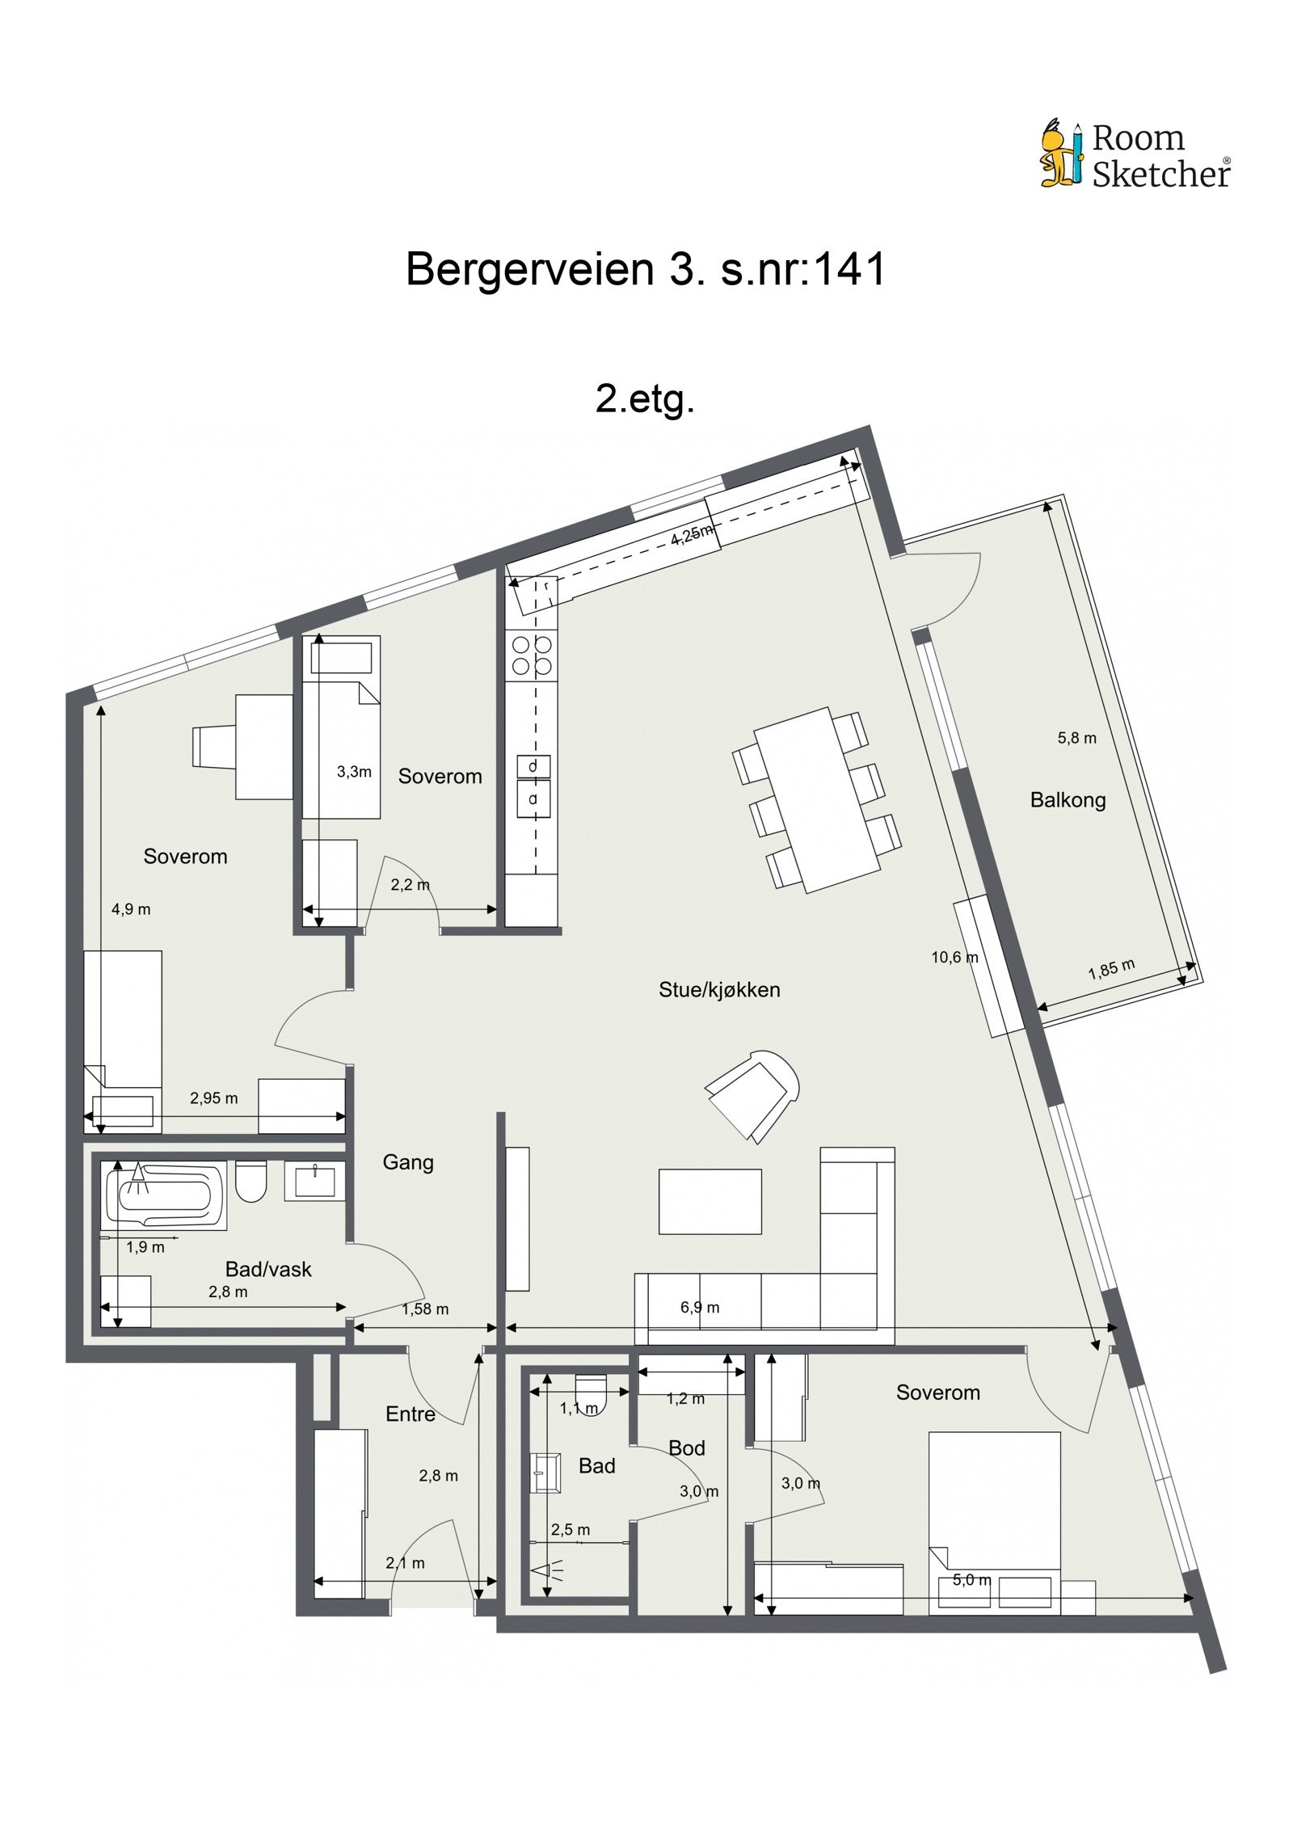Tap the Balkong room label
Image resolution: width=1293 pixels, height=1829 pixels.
pos(1067,800)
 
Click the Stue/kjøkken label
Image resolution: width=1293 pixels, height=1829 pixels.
pos(718,989)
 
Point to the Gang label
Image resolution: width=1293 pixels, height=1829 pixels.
pos(407,1162)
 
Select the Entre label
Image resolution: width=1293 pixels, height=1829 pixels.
pos(410,1414)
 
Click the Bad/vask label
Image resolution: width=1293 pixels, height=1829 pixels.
pos(267,1269)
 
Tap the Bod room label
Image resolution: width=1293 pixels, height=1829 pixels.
pos(686,1448)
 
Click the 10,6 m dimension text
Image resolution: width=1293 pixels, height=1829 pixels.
pos(954,958)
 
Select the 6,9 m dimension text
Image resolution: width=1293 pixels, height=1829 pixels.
pos(700,1307)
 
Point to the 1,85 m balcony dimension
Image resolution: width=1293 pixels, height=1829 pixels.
pos(1111,969)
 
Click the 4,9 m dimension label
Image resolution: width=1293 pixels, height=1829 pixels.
pos(131,909)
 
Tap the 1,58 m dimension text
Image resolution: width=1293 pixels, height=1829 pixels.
pos(425,1309)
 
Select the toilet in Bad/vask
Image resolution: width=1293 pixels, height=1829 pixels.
pos(251,1182)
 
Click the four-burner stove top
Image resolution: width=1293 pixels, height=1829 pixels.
pos(532,655)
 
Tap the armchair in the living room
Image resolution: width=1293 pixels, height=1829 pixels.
pos(753,1094)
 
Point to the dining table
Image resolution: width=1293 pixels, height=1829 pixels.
pos(816,799)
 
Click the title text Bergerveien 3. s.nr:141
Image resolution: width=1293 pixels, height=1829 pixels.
pos(645,269)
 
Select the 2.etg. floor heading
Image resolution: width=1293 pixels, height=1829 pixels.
pos(644,399)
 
